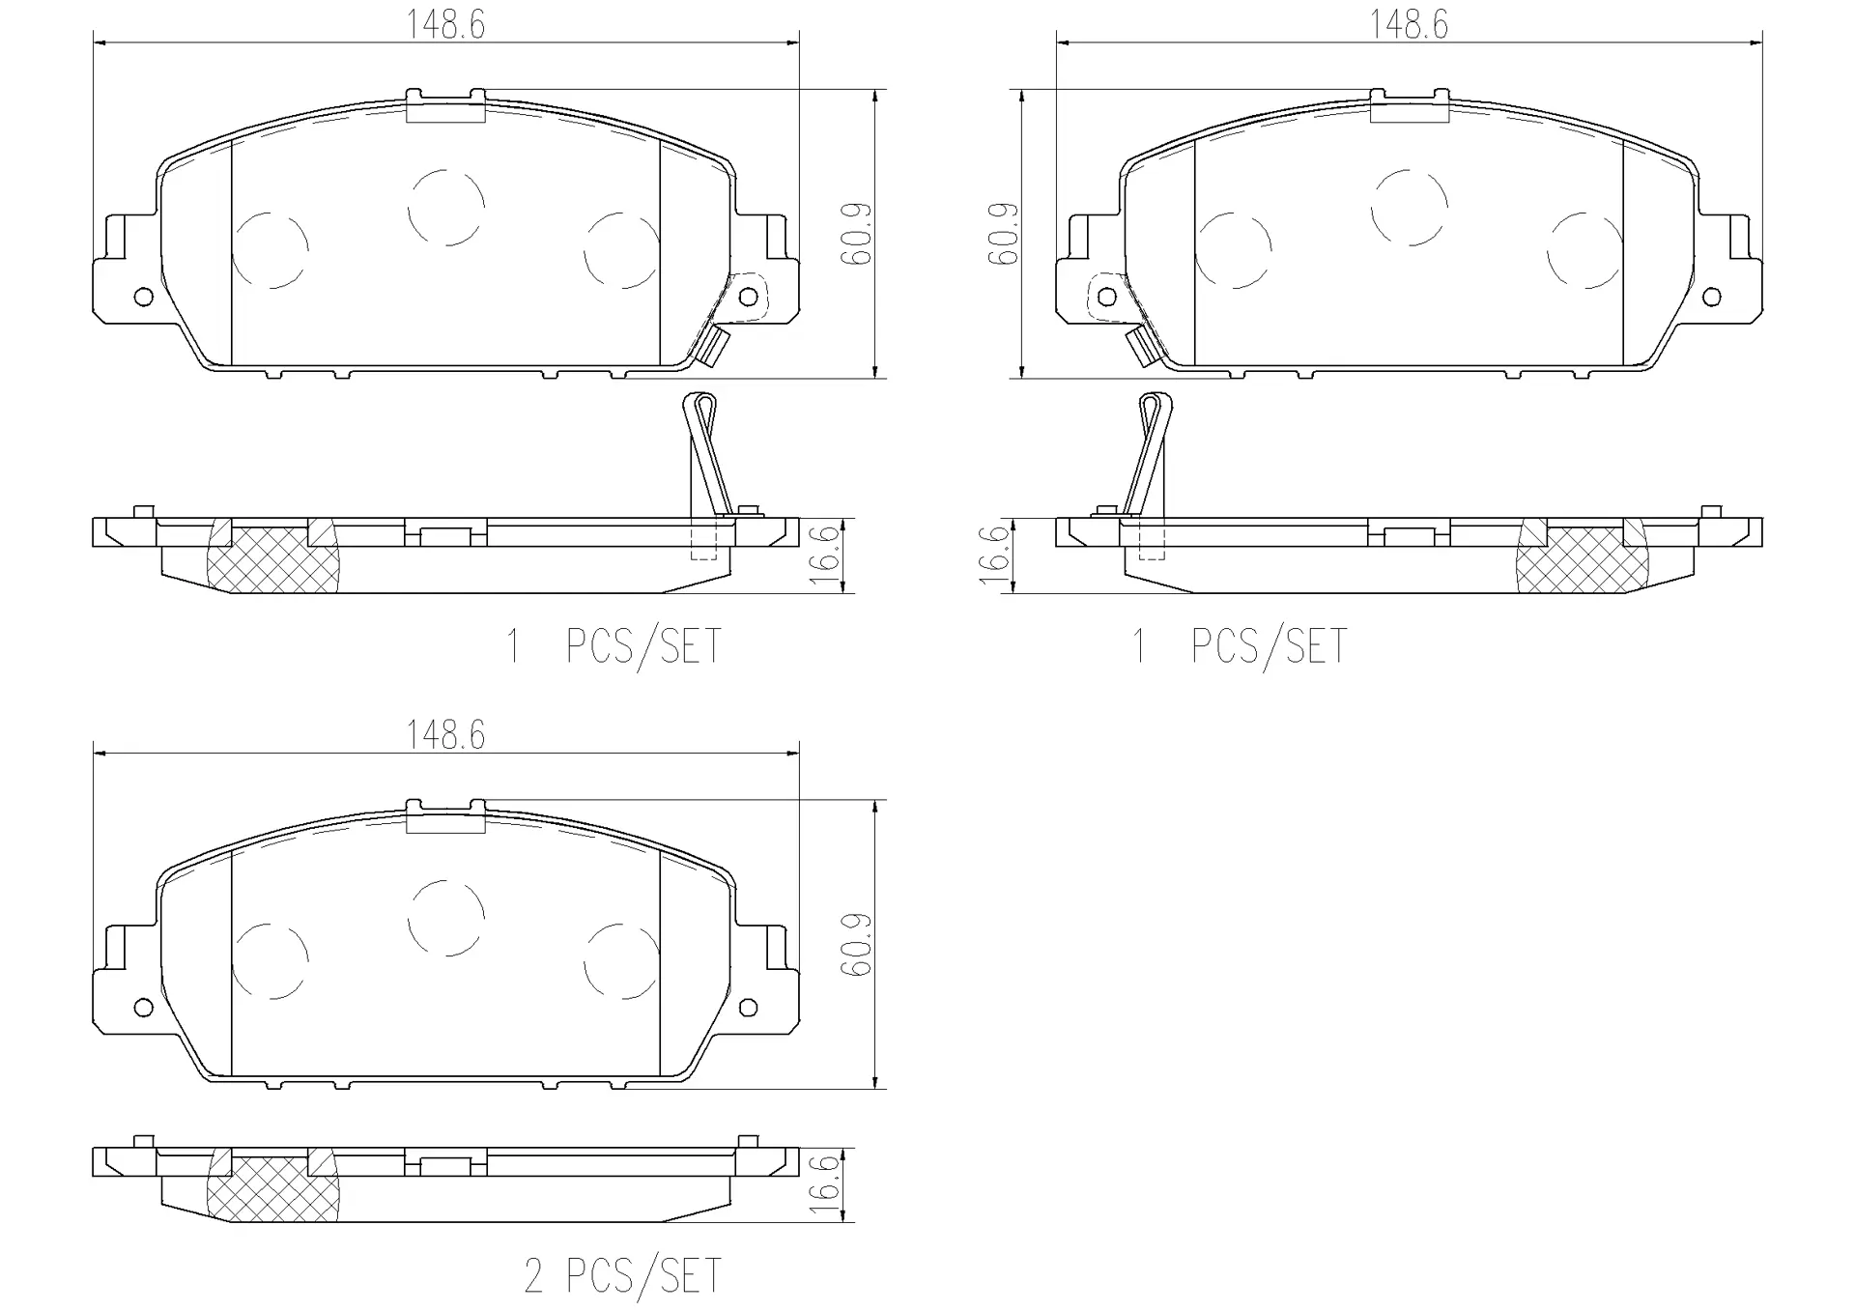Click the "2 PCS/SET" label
[x=622, y=1275]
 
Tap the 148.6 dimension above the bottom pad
[x=445, y=735]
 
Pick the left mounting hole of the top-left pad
[x=143, y=296]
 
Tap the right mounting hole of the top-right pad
[x=1711, y=296]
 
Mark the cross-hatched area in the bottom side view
[x=274, y=1187]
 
